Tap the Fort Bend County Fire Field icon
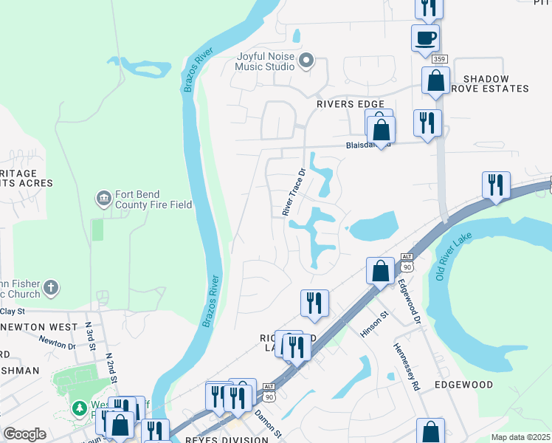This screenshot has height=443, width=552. [103, 198]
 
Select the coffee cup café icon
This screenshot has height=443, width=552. [425, 37]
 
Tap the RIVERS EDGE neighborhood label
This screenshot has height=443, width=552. [351, 104]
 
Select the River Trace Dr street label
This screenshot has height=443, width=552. [293, 192]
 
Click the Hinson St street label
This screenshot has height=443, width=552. [375, 322]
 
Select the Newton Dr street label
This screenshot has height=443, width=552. [57, 342]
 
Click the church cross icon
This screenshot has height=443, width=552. [50, 287]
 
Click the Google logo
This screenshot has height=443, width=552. [24, 434]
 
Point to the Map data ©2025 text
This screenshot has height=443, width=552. [520, 437]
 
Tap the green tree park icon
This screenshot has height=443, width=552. [79, 408]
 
